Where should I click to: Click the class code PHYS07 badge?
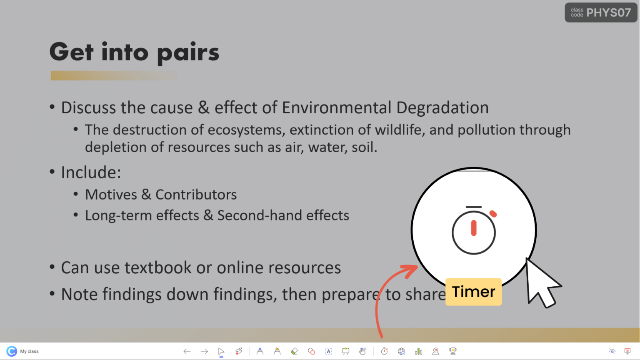pyautogui.click(x=601, y=12)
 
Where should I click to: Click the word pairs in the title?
pyautogui.click(x=188, y=53)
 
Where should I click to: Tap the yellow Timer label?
pyautogui.click(x=473, y=292)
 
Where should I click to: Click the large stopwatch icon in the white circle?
pyautogui.click(x=474, y=230)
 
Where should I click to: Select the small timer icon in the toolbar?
pyautogui.click(x=384, y=351)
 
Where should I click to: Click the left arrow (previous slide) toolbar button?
pyautogui.click(x=187, y=351)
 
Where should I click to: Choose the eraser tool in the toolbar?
pyautogui.click(x=294, y=351)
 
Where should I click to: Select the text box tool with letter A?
pyautogui.click(x=328, y=351)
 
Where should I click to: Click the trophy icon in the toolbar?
pyautogui.click(x=452, y=351)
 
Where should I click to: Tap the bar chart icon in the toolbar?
pyautogui.click(x=418, y=351)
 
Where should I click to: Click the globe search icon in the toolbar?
pyautogui.click(x=401, y=351)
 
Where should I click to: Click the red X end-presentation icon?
pyautogui.click(x=627, y=351)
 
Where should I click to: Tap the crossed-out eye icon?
pyautogui.click(x=612, y=351)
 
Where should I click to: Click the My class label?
pyautogui.click(x=29, y=351)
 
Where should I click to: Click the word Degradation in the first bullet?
pyautogui.click(x=442, y=108)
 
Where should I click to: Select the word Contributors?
pyautogui.click(x=196, y=195)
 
